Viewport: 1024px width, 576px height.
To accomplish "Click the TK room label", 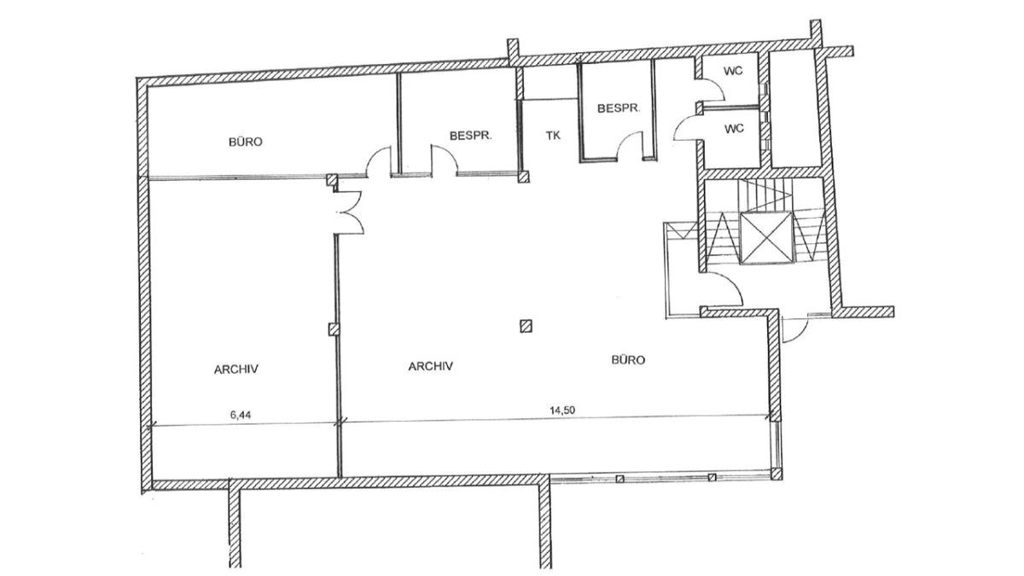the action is click(x=553, y=136).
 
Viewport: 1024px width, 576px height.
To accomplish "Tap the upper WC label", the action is click(x=733, y=71).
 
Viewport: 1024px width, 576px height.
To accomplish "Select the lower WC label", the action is click(x=734, y=129).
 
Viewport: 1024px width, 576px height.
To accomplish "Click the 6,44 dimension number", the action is click(x=241, y=415).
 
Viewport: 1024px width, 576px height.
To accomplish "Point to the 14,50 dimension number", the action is click(x=562, y=410).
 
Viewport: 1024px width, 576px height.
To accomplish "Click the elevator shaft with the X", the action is click(x=765, y=238).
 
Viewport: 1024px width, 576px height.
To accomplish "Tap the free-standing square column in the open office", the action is click(x=527, y=326).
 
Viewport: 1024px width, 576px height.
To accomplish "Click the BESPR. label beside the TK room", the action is click(x=470, y=136).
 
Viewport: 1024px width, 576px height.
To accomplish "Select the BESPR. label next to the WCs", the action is click(x=619, y=108).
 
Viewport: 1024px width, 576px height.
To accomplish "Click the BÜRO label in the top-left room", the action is click(x=246, y=143).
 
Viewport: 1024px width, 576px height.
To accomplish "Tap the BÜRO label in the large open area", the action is click(x=628, y=360).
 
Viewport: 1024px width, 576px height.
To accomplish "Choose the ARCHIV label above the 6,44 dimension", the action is click(x=236, y=369).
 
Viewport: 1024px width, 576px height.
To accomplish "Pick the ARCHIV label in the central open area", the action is click(x=431, y=366).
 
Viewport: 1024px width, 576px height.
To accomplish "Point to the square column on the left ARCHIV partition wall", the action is click(x=335, y=329).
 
